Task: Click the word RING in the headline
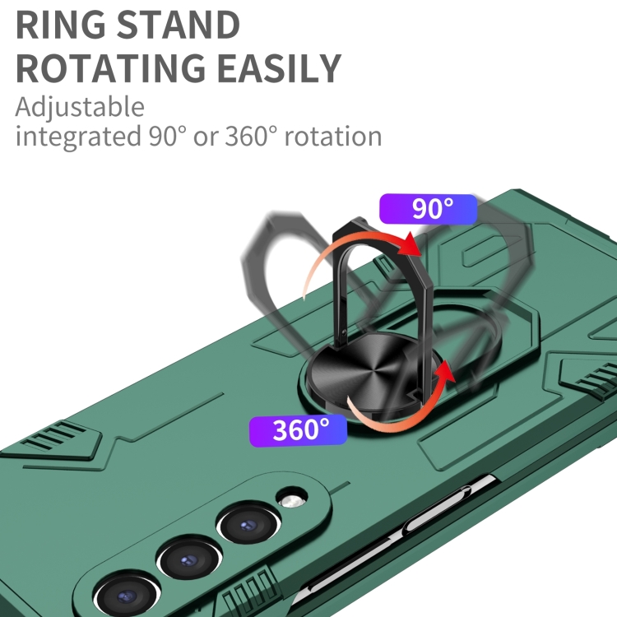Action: click(x=61, y=25)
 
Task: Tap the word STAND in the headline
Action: click(x=179, y=25)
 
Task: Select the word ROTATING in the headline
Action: click(x=110, y=67)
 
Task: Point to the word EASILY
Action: click(x=279, y=67)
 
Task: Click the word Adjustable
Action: click(x=80, y=107)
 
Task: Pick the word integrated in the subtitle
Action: click(x=78, y=136)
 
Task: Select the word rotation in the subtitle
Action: click(x=333, y=136)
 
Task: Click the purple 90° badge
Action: click(x=428, y=209)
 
